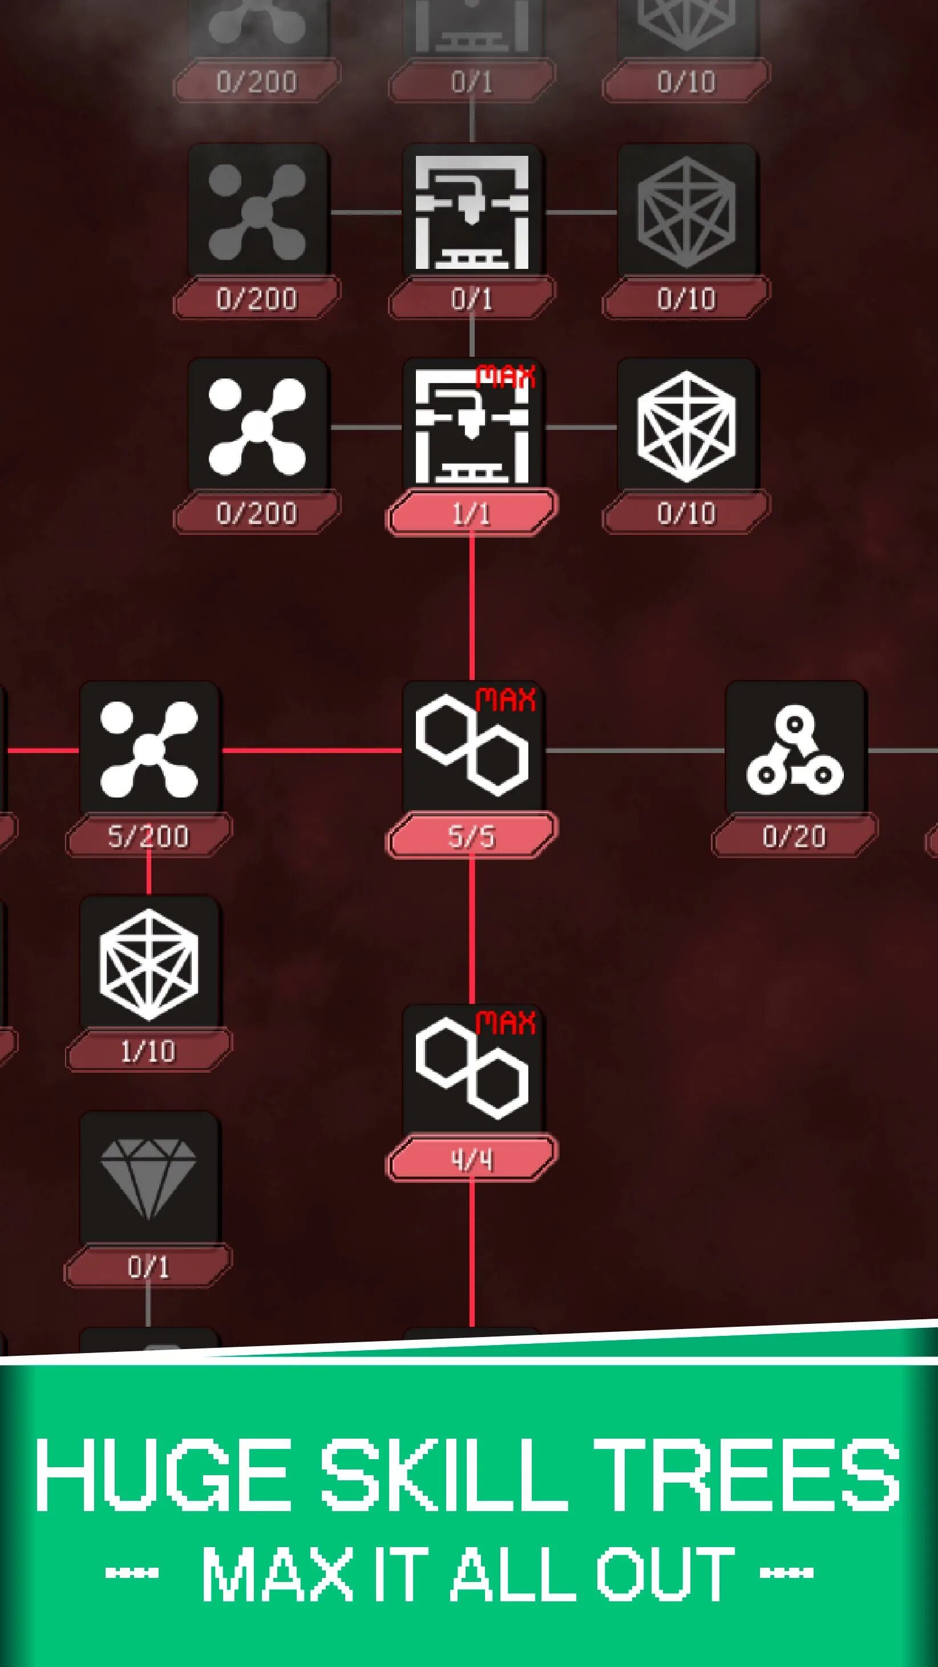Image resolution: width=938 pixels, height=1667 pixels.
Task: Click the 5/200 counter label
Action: tap(148, 836)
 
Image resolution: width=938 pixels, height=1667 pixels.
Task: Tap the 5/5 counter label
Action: tap(472, 836)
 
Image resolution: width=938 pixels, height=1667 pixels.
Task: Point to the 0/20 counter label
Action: tap(794, 836)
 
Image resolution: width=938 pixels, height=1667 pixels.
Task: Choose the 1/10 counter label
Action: tap(148, 1052)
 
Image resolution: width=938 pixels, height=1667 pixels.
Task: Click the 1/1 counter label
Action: tap(472, 513)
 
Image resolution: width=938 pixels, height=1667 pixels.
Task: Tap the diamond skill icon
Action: tap(149, 1178)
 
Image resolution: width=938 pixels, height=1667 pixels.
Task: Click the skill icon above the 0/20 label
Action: tap(794, 751)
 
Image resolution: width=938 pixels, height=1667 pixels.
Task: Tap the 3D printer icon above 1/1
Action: tap(472, 427)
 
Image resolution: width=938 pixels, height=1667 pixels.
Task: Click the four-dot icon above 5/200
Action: tap(149, 750)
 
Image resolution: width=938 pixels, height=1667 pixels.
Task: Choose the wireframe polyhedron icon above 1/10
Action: tap(149, 964)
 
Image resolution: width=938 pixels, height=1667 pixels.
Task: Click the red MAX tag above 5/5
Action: tap(506, 699)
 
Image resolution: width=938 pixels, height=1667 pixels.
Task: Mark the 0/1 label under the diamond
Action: tap(148, 1266)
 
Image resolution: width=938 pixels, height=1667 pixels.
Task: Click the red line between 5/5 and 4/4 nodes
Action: tap(472, 932)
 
